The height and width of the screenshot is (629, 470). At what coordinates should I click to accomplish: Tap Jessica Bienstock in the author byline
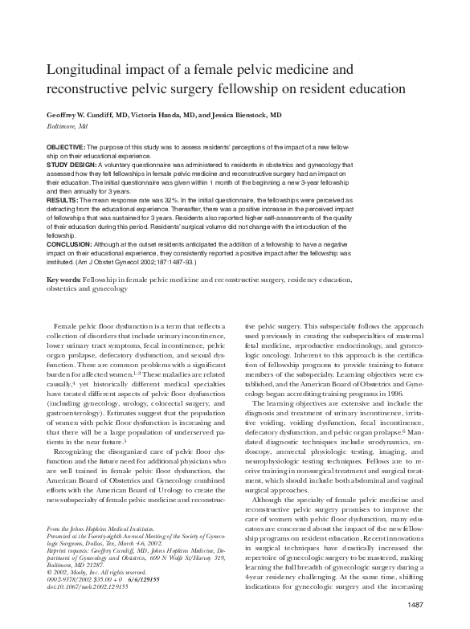[248, 115]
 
